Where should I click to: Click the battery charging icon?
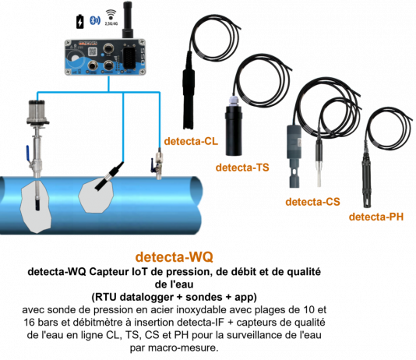coord(80,22)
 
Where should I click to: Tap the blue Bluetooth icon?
coord(94,20)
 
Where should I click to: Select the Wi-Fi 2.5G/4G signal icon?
coord(111,17)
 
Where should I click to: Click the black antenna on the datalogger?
coord(127,19)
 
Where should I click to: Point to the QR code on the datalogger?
coord(92,51)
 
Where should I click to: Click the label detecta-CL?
coord(191,141)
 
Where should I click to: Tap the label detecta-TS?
coord(242,168)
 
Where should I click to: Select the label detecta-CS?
coord(312,202)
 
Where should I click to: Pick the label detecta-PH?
coord(376,217)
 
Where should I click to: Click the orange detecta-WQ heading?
coord(174,257)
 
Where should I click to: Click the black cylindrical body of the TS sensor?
coord(234,131)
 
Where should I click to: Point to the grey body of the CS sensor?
coord(294,157)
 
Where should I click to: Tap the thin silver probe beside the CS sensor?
coord(319,164)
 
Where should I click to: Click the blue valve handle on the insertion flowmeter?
coord(28,153)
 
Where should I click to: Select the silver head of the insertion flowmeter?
coord(37,112)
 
